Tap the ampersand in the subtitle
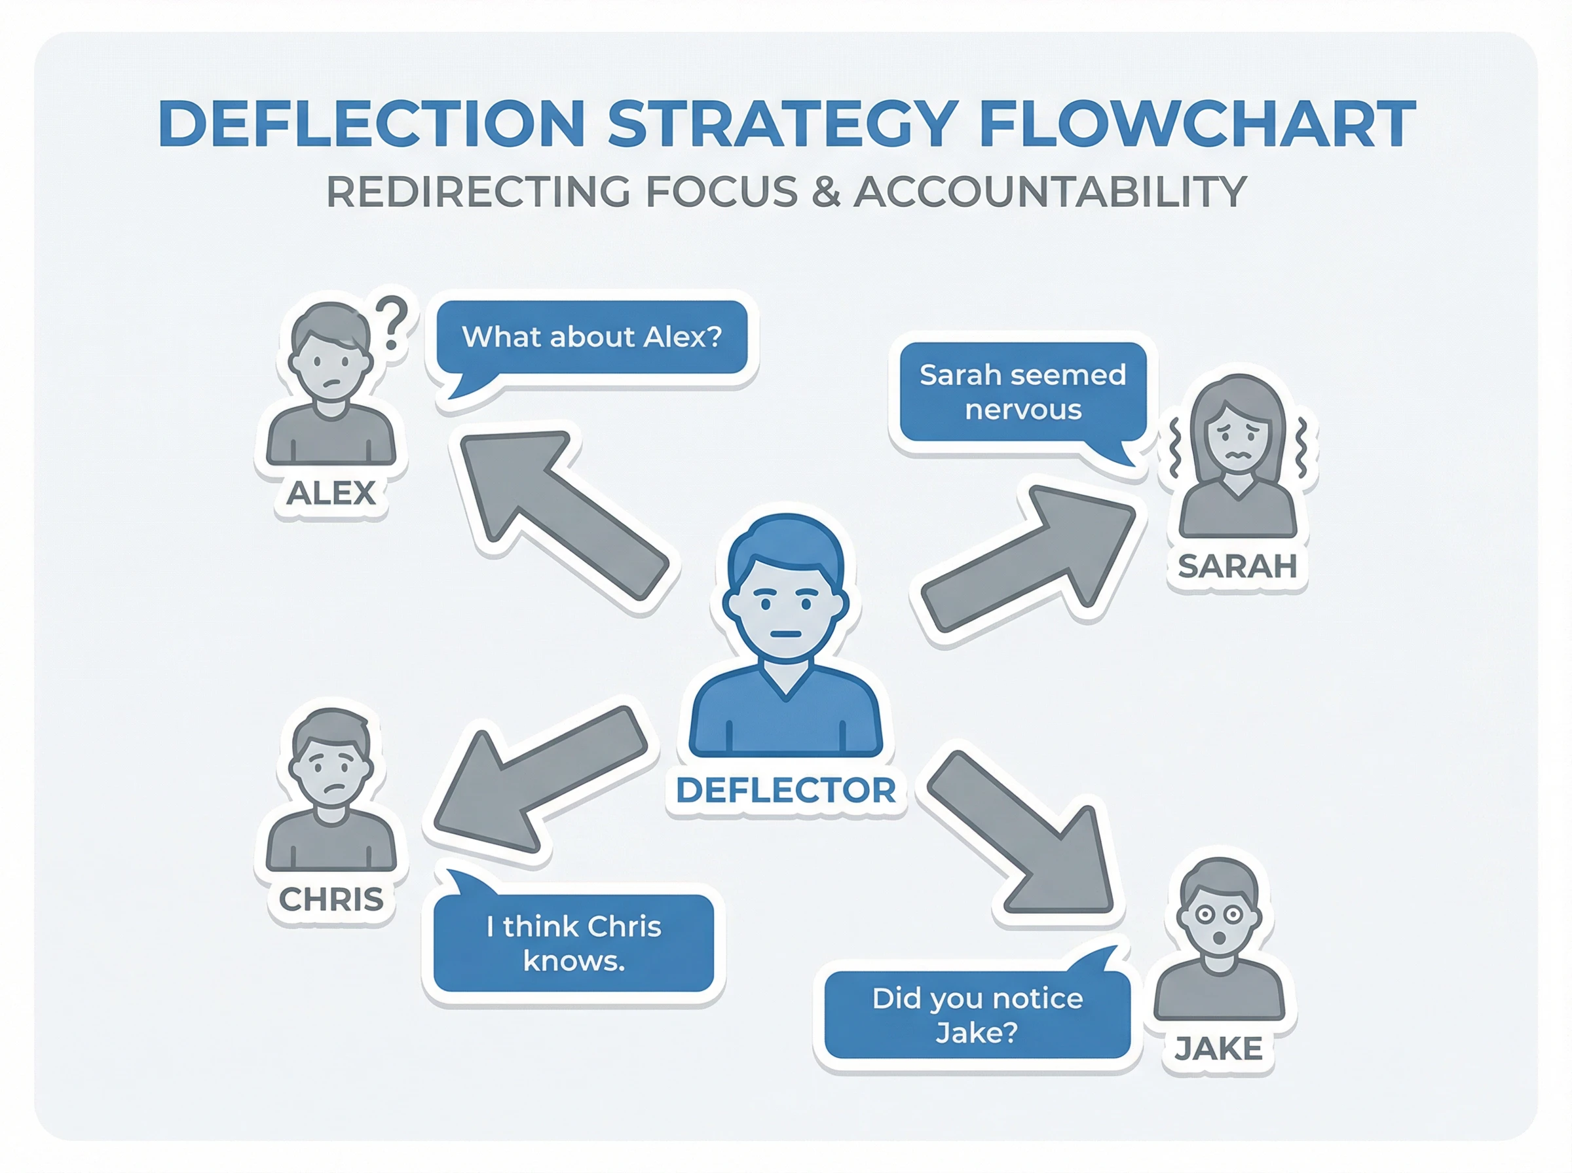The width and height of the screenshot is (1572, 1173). pyautogui.click(x=825, y=192)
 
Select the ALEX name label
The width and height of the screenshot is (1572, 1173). pyautogui.click(x=330, y=493)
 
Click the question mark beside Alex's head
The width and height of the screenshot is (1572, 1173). pyautogui.click(x=392, y=323)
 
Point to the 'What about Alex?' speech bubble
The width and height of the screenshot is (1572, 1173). pyautogui.click(x=591, y=337)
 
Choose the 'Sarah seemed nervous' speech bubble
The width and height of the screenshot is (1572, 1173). pyautogui.click(x=1022, y=392)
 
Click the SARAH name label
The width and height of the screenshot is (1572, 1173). pyautogui.click(x=1237, y=566)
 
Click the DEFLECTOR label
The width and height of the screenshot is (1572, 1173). pyautogui.click(x=785, y=790)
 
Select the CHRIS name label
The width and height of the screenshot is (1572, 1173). pyautogui.click(x=331, y=899)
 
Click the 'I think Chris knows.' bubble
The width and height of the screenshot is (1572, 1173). pyautogui.click(x=573, y=943)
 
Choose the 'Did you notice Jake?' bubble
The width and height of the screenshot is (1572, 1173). pyautogui.click(x=977, y=1015)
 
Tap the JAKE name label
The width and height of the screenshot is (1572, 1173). pyautogui.click(x=1218, y=1049)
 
